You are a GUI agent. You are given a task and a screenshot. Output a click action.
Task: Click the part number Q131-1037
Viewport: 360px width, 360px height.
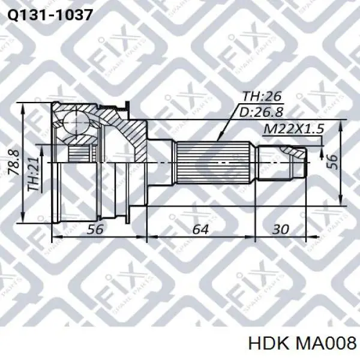click(x=49, y=15)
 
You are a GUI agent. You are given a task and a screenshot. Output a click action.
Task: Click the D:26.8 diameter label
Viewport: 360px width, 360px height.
click(x=263, y=112)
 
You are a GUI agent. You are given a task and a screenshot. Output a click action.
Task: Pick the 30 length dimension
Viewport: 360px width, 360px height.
click(x=280, y=229)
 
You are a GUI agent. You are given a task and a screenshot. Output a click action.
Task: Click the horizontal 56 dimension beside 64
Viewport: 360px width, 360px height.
click(x=95, y=229)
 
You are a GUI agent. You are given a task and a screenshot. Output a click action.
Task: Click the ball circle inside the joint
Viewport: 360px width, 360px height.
click(x=77, y=122)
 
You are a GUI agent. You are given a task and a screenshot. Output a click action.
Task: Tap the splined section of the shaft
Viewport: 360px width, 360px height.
click(x=213, y=162)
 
